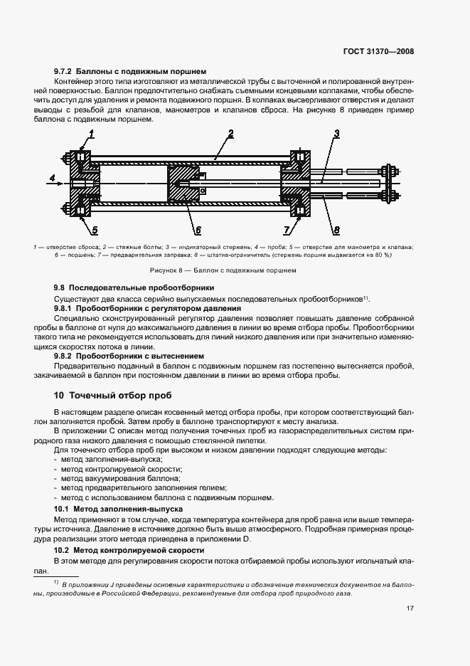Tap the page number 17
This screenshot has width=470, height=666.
tap(411, 608)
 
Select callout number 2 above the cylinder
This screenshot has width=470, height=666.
tap(231, 134)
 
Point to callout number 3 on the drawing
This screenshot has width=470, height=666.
tap(336, 134)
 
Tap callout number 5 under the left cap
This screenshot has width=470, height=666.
tap(94, 229)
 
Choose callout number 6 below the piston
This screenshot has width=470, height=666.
tap(198, 230)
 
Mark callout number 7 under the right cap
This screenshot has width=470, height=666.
tap(287, 229)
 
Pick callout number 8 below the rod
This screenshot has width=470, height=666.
tap(336, 229)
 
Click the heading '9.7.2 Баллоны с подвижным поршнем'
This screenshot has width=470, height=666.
tap(130, 71)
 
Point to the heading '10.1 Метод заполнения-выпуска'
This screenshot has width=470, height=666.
tap(119, 509)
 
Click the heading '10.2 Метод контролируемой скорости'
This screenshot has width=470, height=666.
tap(129, 551)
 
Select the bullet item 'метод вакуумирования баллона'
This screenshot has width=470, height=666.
tap(117, 479)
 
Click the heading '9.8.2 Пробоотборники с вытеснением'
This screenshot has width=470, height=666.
tap(133, 354)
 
